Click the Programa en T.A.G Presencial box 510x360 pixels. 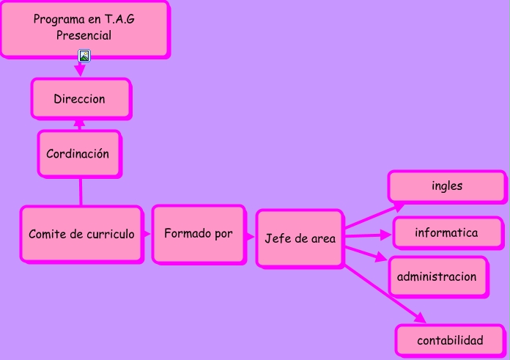(84, 28)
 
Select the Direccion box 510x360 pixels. (81, 98)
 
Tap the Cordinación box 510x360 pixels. (79, 154)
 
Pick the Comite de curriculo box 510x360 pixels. (81, 235)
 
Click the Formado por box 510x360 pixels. (199, 234)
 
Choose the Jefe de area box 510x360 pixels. (300, 238)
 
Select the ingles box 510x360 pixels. (446, 186)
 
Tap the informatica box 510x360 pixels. (446, 233)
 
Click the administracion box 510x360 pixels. (437, 276)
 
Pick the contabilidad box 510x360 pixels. (450, 340)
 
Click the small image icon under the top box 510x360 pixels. (84, 56)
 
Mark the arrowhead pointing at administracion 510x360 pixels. (381, 258)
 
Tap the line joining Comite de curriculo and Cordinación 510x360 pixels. (80, 191)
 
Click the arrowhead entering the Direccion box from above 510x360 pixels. (80, 70)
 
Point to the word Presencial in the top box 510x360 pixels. (84, 35)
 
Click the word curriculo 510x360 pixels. (111, 235)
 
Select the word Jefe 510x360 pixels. (277, 238)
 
